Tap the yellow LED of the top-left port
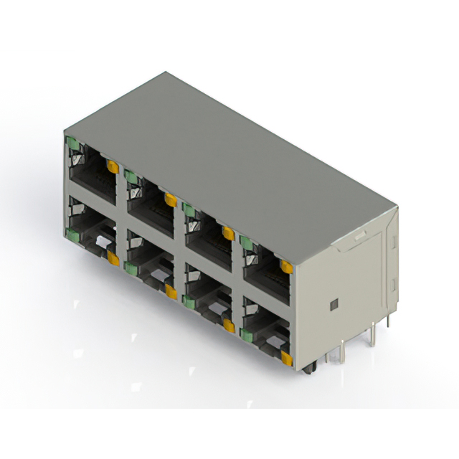(x=112, y=167)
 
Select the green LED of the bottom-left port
(x=73, y=232)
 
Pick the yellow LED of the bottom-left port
(x=113, y=259)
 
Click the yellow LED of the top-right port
(x=285, y=268)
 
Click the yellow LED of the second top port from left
(x=171, y=200)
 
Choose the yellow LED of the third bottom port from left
(x=229, y=326)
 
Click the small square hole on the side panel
(x=333, y=304)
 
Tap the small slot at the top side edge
(x=360, y=235)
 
